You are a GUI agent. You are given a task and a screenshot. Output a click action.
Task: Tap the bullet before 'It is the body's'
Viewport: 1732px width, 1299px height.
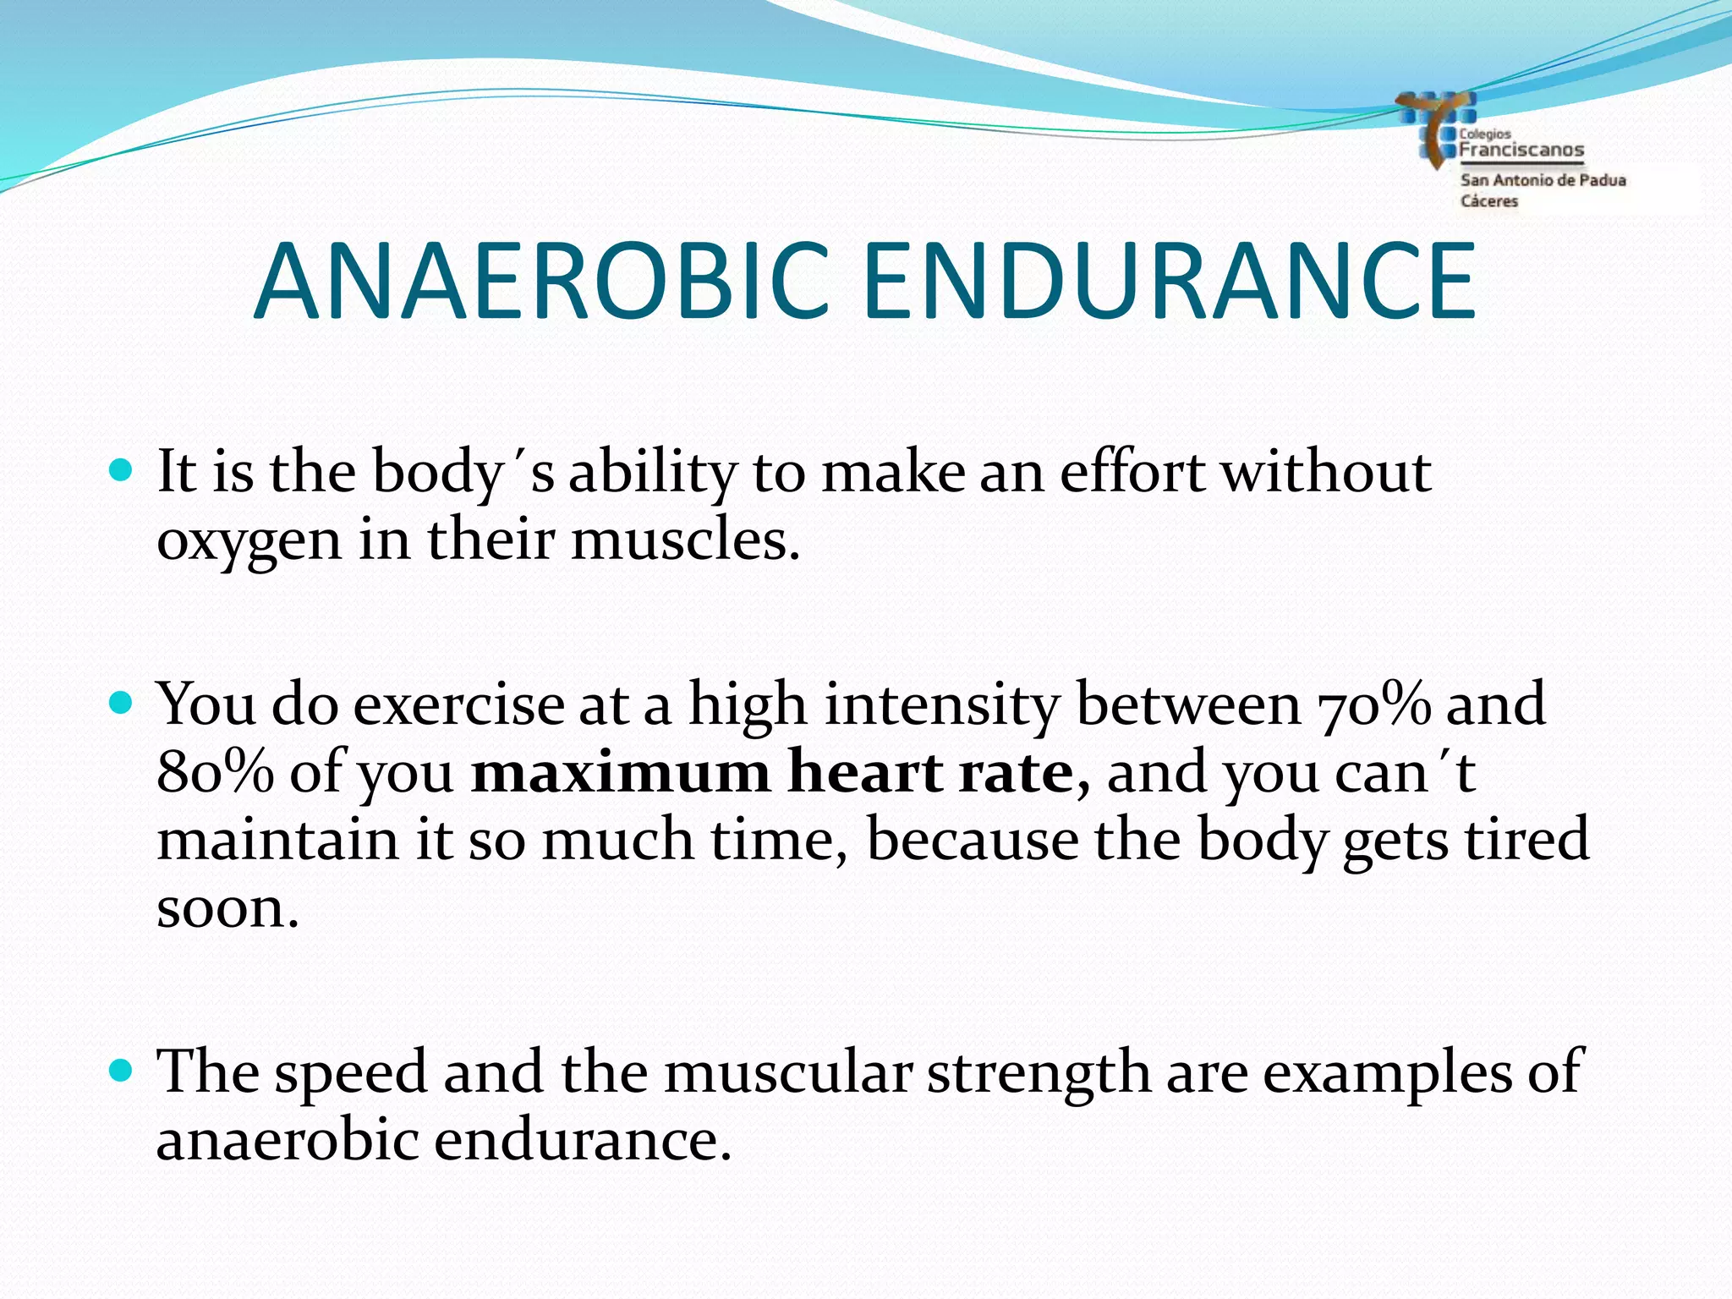[122, 470]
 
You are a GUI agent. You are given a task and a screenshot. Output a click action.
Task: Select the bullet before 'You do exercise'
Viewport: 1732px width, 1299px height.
[122, 702]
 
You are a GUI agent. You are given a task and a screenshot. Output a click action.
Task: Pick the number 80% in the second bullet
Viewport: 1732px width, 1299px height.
[215, 771]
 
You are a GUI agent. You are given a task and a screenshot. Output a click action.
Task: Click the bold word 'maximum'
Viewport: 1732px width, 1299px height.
[619, 771]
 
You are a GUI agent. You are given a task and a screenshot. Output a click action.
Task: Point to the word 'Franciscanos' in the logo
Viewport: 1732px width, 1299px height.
[1521, 151]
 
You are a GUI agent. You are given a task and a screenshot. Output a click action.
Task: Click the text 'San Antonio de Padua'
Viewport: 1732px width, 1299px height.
[1543, 180]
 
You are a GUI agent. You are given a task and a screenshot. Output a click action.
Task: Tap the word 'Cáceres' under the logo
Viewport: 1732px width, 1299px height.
[1489, 201]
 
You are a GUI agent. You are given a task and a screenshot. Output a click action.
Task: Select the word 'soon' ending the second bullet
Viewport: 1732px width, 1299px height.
[227, 908]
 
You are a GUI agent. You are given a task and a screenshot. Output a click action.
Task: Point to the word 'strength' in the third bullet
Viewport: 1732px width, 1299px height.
[1039, 1072]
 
